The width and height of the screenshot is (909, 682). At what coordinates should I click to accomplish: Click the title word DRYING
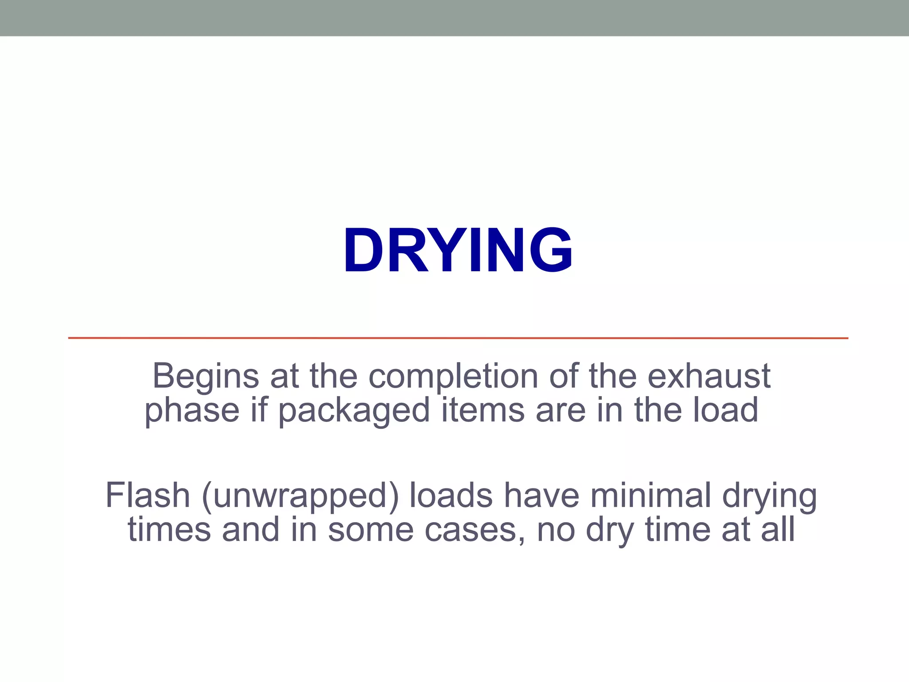click(x=458, y=250)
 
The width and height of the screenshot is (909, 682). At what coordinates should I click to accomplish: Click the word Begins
click(x=206, y=376)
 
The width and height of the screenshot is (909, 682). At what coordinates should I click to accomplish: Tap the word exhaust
click(x=709, y=376)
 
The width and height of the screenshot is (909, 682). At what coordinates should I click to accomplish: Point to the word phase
click(x=192, y=411)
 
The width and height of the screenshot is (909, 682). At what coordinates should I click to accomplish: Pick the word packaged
click(x=354, y=411)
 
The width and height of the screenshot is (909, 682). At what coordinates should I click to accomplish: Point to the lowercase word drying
click(x=770, y=496)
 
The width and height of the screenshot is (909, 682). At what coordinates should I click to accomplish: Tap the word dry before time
click(x=609, y=531)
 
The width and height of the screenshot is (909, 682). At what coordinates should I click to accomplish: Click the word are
click(x=561, y=410)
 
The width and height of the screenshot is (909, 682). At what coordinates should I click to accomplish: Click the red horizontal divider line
click(x=458, y=338)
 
